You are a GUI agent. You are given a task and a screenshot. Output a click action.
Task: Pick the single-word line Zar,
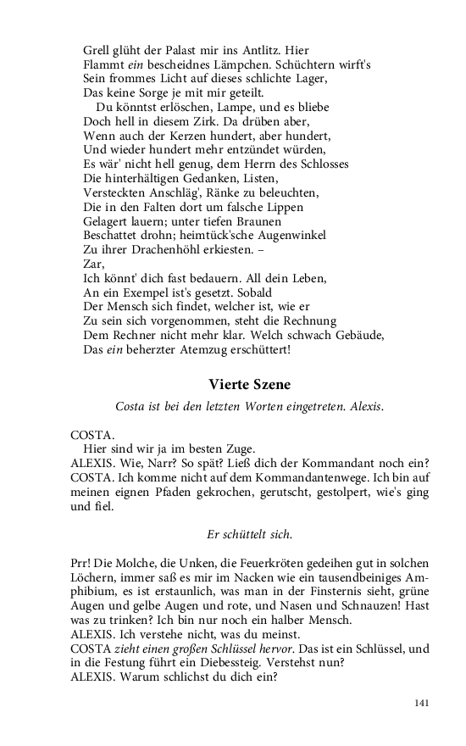(93, 264)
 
